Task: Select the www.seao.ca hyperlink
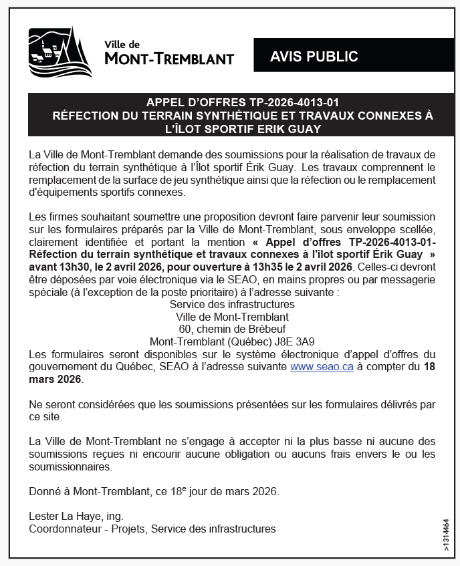[322, 367]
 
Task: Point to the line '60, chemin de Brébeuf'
[231, 329]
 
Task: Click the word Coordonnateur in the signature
[65, 529]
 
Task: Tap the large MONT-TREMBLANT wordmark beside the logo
[169, 59]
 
